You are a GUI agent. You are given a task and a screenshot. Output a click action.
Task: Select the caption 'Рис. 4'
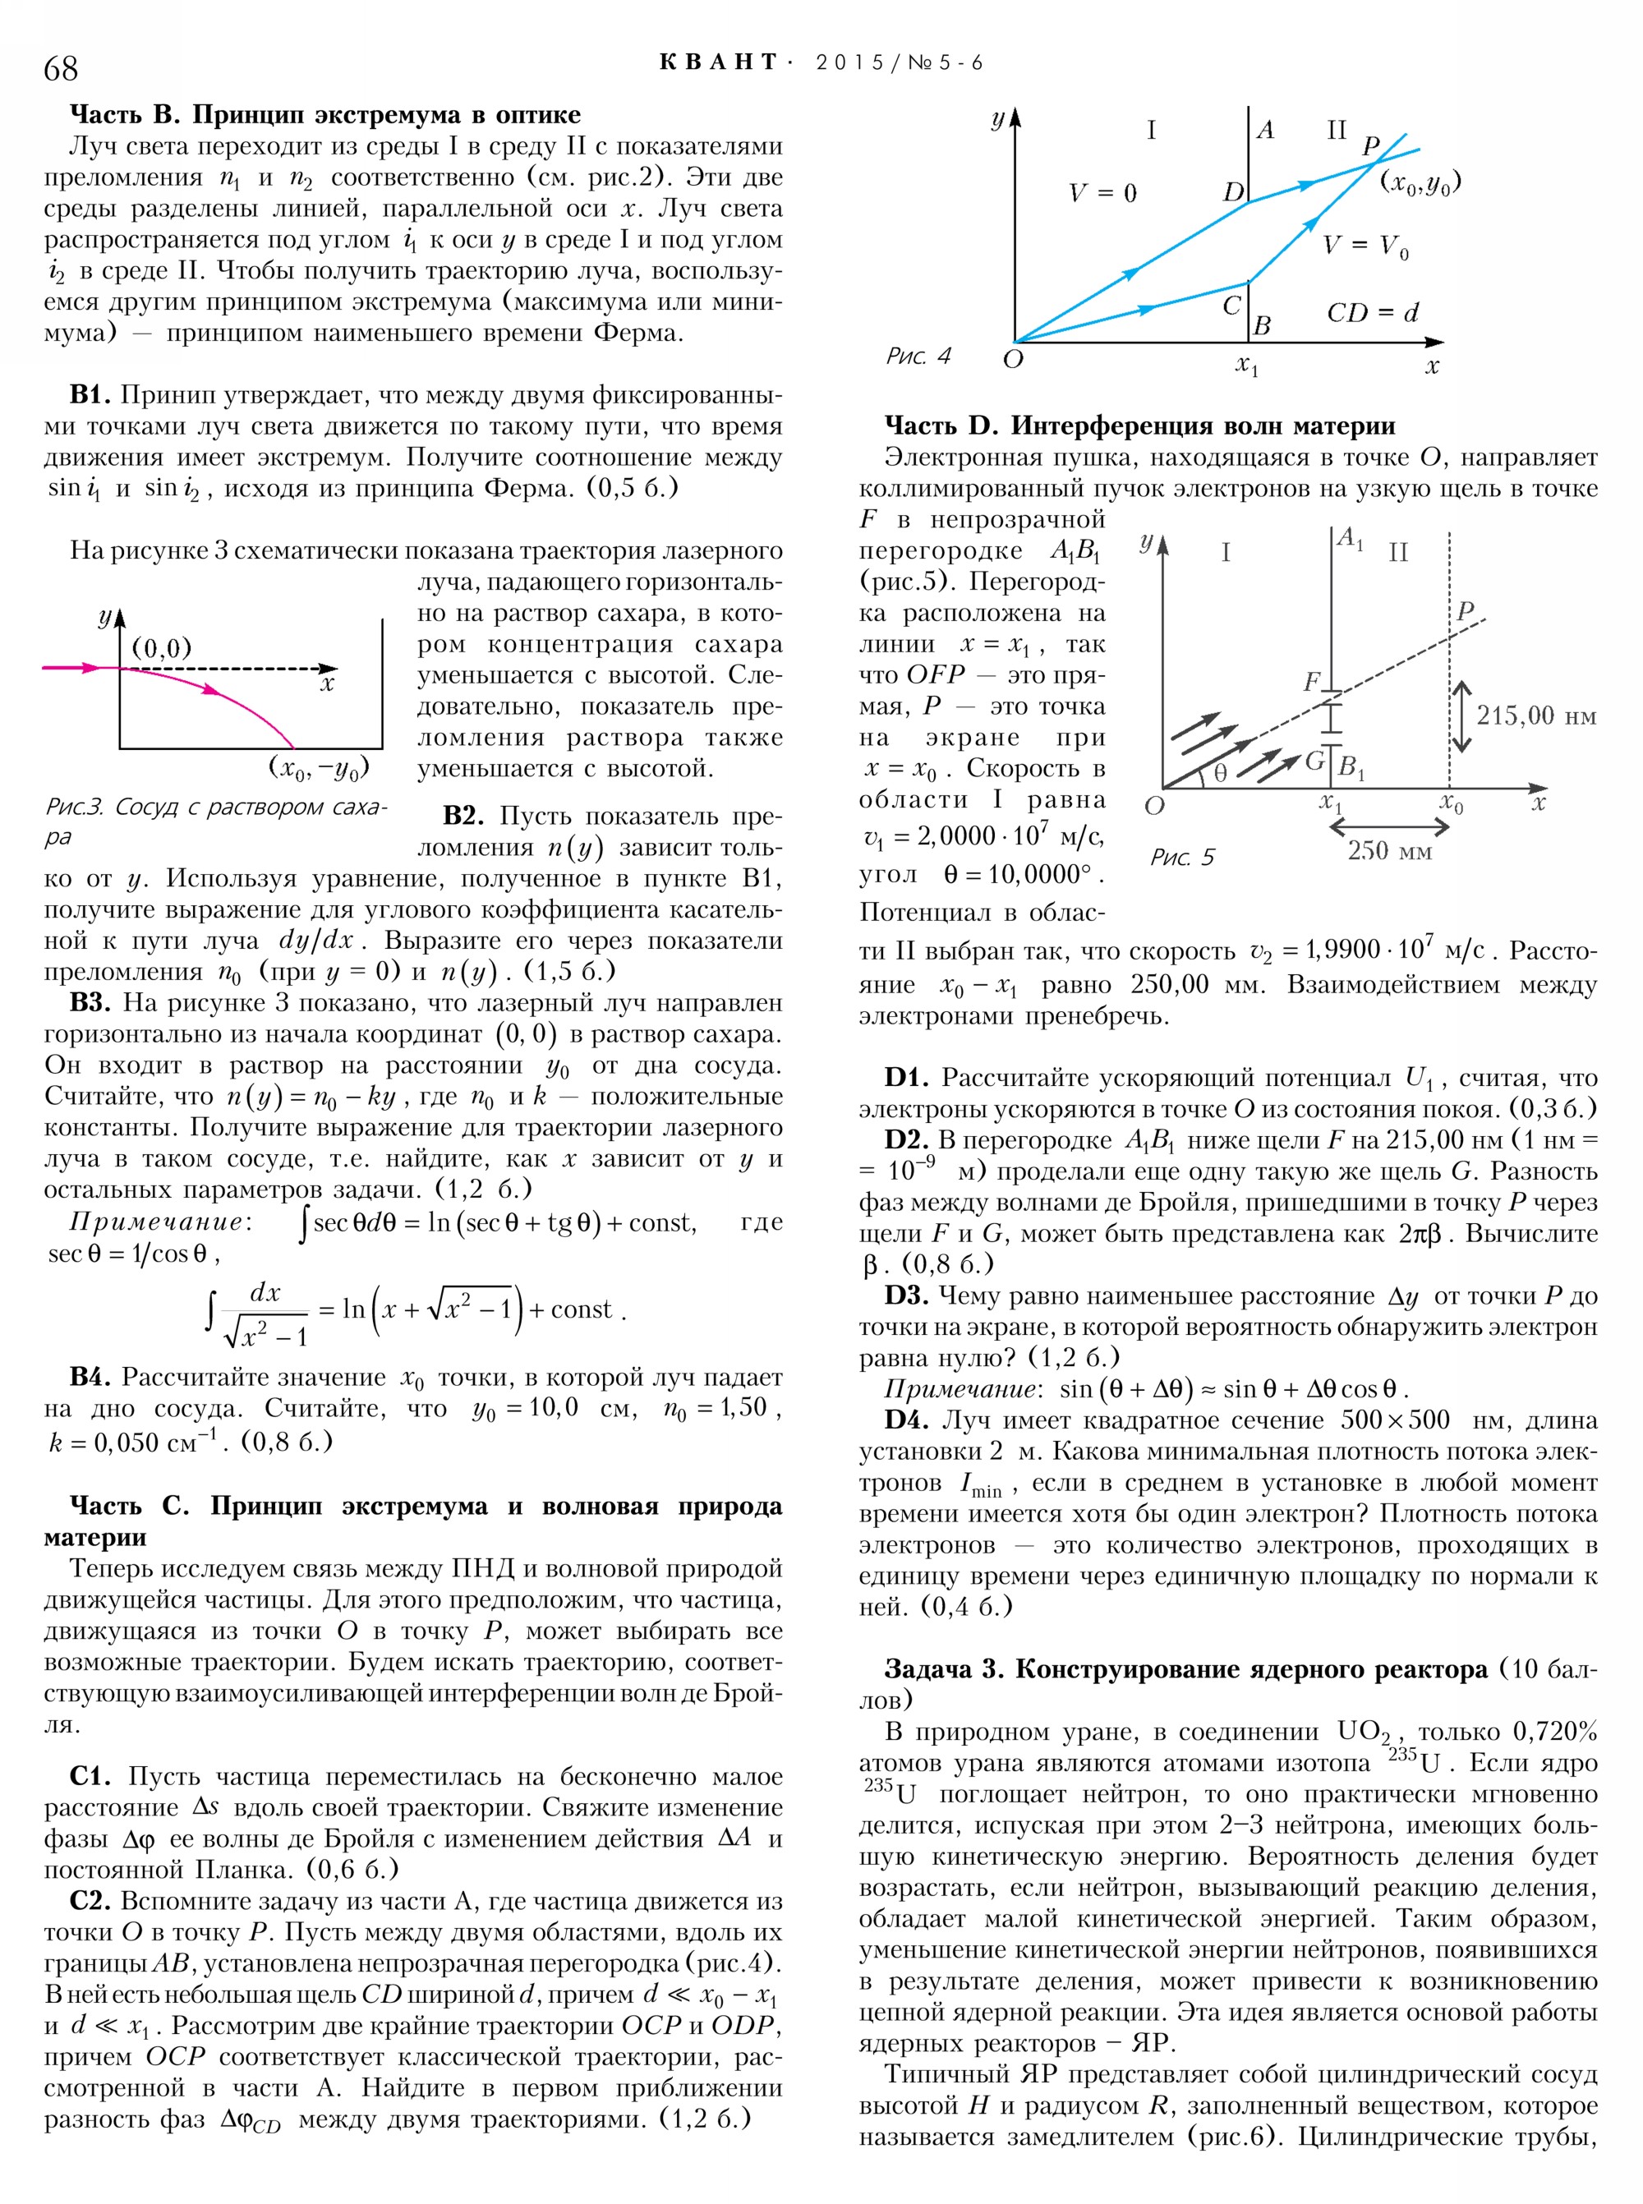pos(918,356)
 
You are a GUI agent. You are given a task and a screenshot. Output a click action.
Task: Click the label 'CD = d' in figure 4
pos(1373,312)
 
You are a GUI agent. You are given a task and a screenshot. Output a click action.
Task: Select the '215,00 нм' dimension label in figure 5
pos(1535,715)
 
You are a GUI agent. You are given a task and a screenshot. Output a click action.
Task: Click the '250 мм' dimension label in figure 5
pos(1389,850)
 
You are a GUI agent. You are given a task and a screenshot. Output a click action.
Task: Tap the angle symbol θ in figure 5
pos(1220,773)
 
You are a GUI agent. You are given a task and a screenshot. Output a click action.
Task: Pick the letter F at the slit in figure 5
pos(1312,681)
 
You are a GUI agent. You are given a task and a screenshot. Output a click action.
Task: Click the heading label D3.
pos(905,1296)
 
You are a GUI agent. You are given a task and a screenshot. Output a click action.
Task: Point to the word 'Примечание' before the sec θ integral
pos(157,1222)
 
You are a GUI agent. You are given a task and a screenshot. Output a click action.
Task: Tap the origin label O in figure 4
pos(1012,359)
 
